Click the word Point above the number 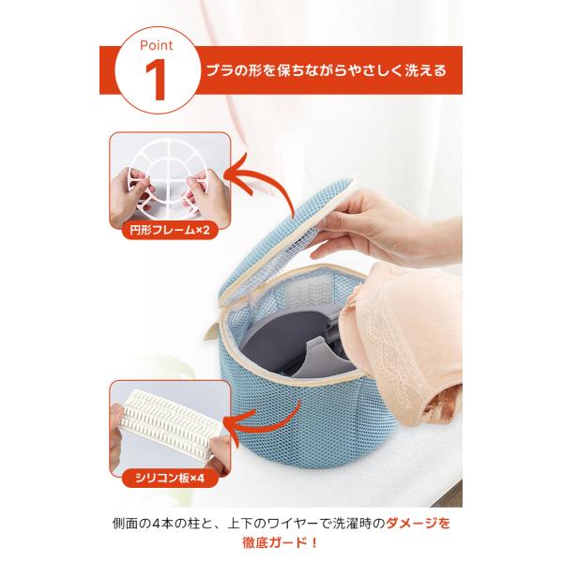pos(156,45)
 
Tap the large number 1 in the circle pos(156,80)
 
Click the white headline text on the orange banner pos(326,70)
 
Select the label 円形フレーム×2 pos(170,230)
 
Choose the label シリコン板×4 pos(170,478)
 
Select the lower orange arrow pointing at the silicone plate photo pos(259,424)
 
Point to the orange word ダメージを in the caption pos(418,524)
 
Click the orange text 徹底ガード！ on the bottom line pos(281,542)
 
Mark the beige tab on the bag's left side pos(211,332)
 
